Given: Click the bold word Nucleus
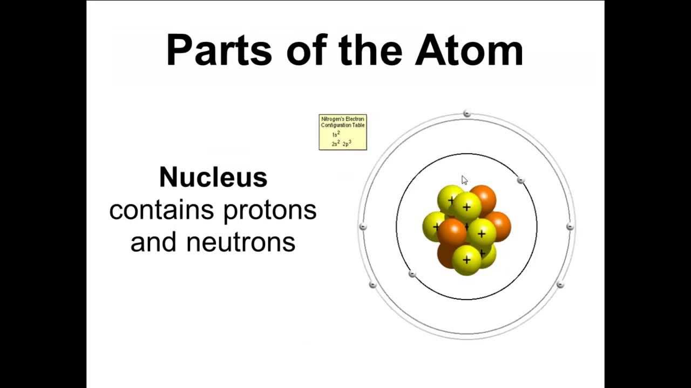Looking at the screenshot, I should [x=213, y=177].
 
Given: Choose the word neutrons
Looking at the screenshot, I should [x=241, y=241].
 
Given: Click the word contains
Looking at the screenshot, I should [x=163, y=210].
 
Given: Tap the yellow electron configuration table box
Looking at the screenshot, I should [x=343, y=132].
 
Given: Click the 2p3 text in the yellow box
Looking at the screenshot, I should [x=347, y=144].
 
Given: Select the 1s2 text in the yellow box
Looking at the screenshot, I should [x=336, y=134].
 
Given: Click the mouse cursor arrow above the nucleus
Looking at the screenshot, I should [x=464, y=180].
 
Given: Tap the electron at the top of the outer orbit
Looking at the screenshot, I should [x=467, y=113].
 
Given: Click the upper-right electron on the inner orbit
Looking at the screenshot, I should [x=520, y=180].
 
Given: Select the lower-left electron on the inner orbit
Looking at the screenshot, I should [x=412, y=274].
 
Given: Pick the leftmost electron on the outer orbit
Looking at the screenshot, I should [x=363, y=227].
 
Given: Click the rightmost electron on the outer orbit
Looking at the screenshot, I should [x=570, y=227].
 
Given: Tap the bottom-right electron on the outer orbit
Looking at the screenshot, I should [x=560, y=285].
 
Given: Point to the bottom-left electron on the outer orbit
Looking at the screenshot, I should [x=372, y=285].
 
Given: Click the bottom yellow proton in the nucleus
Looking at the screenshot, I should [x=466, y=260].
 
